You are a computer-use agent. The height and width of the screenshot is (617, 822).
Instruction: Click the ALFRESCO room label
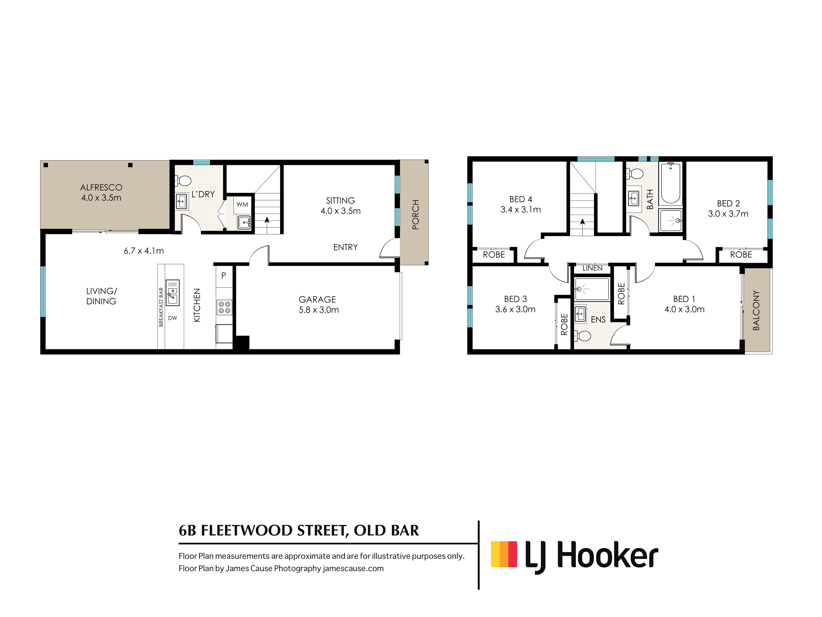point(101,187)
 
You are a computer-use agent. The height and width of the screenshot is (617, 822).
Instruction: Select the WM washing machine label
point(242,205)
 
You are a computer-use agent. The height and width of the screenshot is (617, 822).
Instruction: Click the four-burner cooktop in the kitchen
point(224,307)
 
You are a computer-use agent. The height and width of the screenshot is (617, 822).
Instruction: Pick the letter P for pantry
point(224,276)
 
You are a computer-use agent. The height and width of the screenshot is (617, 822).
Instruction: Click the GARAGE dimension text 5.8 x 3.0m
point(319,310)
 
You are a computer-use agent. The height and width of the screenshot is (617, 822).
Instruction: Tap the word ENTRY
point(346,247)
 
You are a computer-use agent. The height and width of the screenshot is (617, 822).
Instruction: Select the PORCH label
point(416,215)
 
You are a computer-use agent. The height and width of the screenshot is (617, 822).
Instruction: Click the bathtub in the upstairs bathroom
point(671,183)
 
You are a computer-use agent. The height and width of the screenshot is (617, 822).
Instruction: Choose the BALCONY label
point(756,311)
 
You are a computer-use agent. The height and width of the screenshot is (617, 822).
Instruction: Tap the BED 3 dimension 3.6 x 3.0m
point(515,310)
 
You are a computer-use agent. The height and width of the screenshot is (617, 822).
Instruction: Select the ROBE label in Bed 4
point(494,255)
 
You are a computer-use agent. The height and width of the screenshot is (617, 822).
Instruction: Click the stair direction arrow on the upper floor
point(582,222)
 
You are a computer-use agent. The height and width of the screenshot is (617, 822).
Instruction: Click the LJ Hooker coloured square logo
point(504,554)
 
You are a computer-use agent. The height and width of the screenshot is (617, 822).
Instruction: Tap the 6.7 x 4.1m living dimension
point(144,251)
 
